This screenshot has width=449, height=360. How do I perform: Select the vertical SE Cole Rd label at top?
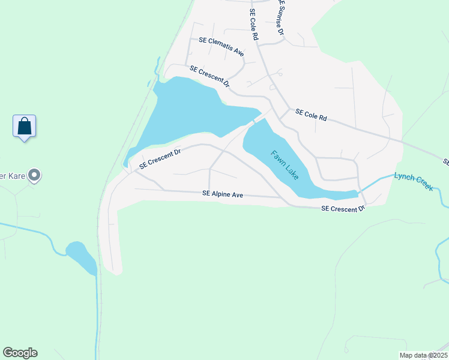255,25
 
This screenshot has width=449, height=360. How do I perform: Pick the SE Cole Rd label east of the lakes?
310,115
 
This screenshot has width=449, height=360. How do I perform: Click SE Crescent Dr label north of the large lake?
210,77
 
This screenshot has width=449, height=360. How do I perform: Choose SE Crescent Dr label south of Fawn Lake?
343,209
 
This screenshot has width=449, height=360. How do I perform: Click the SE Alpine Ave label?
222,194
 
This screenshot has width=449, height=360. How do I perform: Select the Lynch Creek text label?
413,181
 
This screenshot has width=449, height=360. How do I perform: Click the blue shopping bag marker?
24,127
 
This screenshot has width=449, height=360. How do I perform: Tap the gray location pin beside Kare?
35,176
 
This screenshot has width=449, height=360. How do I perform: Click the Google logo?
20,353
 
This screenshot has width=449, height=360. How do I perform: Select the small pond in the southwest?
81,256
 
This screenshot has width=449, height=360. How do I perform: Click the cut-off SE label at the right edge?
446,162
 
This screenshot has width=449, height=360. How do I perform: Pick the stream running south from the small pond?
97,312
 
